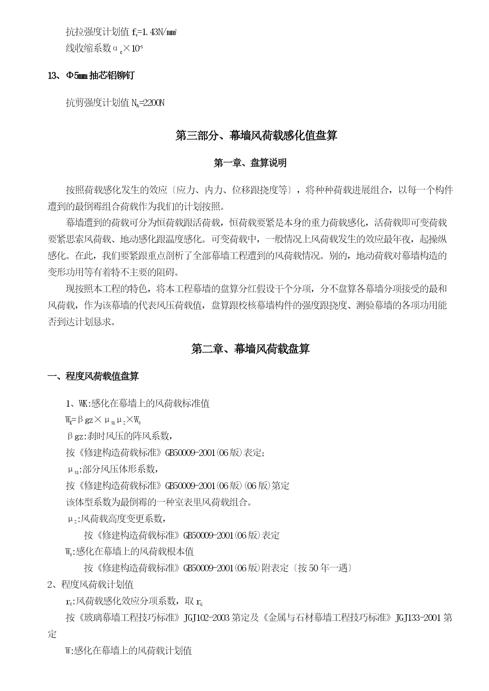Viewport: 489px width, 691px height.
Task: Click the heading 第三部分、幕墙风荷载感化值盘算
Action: [x=256, y=136]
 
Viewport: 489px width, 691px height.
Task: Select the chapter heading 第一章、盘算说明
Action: [x=250, y=163]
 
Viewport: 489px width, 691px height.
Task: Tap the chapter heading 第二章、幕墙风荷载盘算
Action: [x=250, y=349]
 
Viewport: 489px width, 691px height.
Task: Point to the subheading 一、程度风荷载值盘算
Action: [x=93, y=376]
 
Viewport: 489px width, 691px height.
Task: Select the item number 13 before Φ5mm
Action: [x=52, y=76]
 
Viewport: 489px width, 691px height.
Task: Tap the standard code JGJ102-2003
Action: [x=206, y=618]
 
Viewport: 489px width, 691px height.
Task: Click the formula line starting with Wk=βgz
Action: [x=103, y=420]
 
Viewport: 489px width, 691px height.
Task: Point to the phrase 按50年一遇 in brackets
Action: [x=324, y=568]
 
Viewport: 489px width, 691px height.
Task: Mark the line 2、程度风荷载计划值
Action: [x=90, y=584]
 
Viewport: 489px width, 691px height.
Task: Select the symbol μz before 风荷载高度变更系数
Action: [x=73, y=519]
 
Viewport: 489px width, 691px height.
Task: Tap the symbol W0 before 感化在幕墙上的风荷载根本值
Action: [x=69, y=552]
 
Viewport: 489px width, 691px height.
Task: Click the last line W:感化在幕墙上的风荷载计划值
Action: [x=128, y=651]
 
